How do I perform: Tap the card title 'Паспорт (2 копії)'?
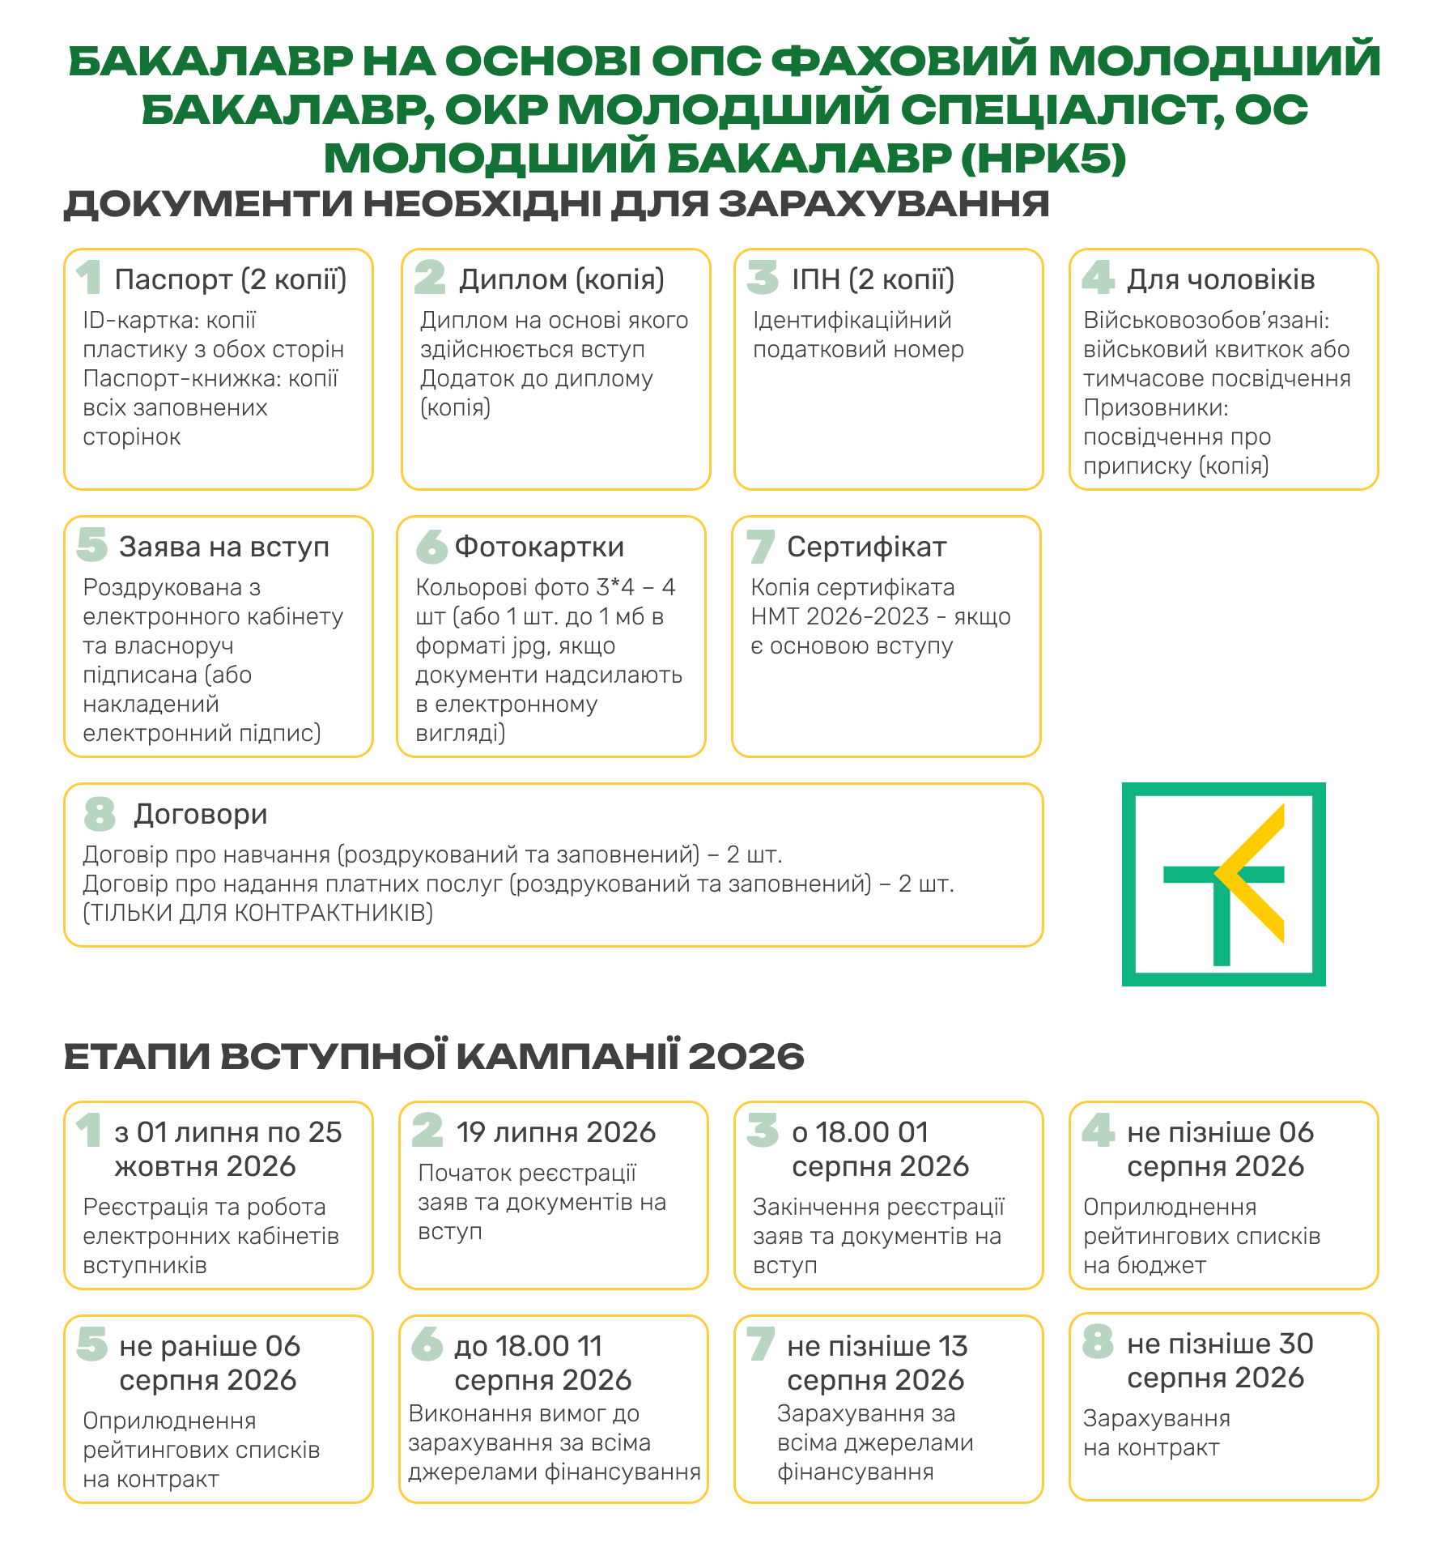231,279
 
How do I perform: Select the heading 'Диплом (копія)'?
562,279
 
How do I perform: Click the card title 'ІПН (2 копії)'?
873,279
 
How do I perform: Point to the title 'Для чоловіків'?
1221,279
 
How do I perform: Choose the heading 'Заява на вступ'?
224,547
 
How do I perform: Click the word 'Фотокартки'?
539,547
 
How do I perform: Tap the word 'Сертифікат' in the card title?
866,547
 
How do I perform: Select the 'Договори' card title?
201,814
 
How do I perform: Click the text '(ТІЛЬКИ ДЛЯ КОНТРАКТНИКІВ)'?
257,913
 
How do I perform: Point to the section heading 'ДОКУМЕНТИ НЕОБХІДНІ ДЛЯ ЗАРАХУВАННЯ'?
556,204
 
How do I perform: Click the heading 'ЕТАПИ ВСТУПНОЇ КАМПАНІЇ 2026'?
434,1056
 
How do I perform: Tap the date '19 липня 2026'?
556,1132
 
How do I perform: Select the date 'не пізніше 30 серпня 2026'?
1219,1361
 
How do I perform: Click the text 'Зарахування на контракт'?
1156,1433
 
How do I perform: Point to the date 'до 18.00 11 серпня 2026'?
542,1363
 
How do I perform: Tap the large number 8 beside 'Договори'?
100,814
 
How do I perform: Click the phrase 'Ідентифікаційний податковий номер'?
858,334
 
